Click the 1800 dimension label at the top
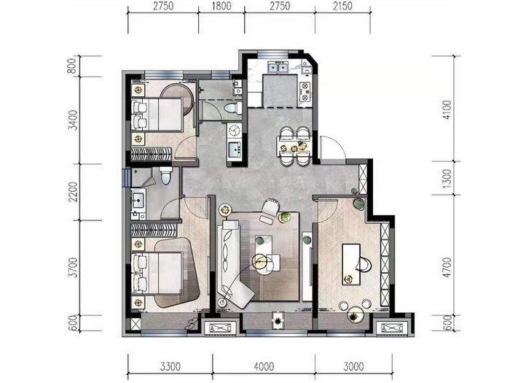pyautogui.click(x=221, y=6)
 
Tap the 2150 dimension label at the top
pyautogui.click(x=342, y=6)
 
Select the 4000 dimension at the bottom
pyautogui.click(x=264, y=367)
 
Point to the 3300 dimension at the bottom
pyautogui.click(x=170, y=367)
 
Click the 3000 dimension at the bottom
pyautogui.click(x=353, y=367)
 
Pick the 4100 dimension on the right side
pyautogui.click(x=447, y=109)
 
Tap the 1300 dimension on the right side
pyautogui.click(x=447, y=178)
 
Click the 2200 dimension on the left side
pyautogui.click(x=74, y=192)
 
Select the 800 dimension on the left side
pyautogui.click(x=74, y=66)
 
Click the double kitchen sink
pyautogui.click(x=278, y=67)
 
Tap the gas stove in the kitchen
pyautogui.click(x=305, y=91)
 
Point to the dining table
pyautogui.click(x=294, y=147)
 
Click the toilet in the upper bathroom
pyautogui.click(x=233, y=107)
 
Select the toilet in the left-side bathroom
pyautogui.click(x=166, y=175)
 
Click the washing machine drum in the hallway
pyautogui.click(x=234, y=131)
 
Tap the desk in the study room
pyautogui.click(x=351, y=264)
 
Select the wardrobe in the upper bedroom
pyautogui.click(x=151, y=155)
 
